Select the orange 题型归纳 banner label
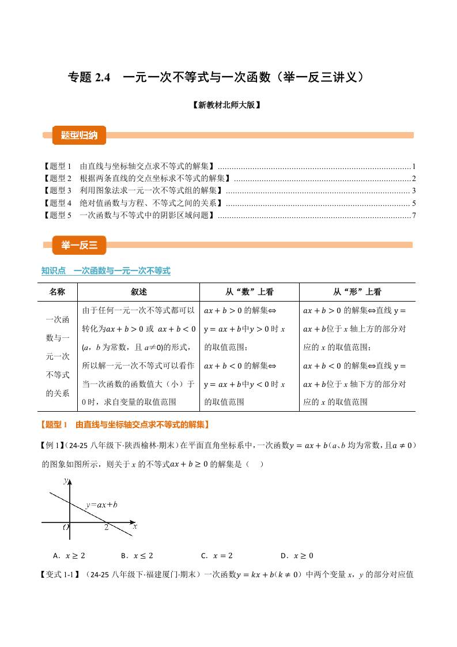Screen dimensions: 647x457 (x=79, y=136)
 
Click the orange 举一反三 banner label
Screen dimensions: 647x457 (x=79, y=245)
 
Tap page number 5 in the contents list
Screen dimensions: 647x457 (x=414, y=203)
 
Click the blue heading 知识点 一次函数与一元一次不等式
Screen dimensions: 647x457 (x=106, y=271)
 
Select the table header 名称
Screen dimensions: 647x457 (x=58, y=292)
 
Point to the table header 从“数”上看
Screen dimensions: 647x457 (x=249, y=292)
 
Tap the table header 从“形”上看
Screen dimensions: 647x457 (x=357, y=292)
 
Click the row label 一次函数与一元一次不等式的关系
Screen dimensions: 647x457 (x=58, y=356)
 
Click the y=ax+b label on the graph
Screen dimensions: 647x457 (x=101, y=505)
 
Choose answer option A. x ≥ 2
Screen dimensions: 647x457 (x=69, y=556)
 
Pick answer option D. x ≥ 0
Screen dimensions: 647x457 (x=297, y=556)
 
